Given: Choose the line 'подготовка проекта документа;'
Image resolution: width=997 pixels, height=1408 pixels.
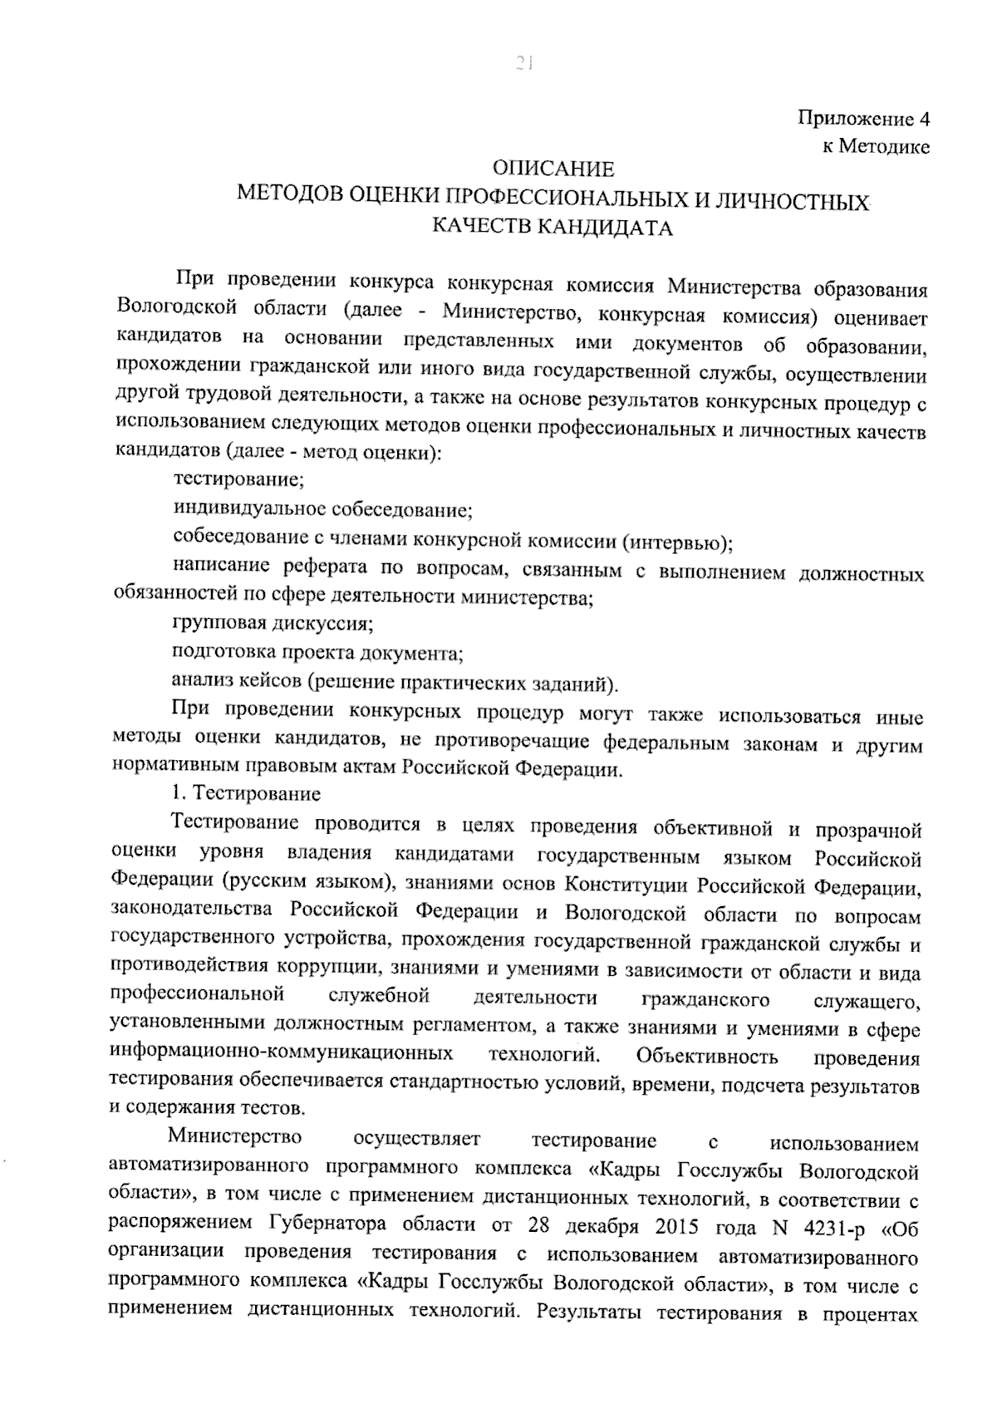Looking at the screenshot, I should click(317, 653).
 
